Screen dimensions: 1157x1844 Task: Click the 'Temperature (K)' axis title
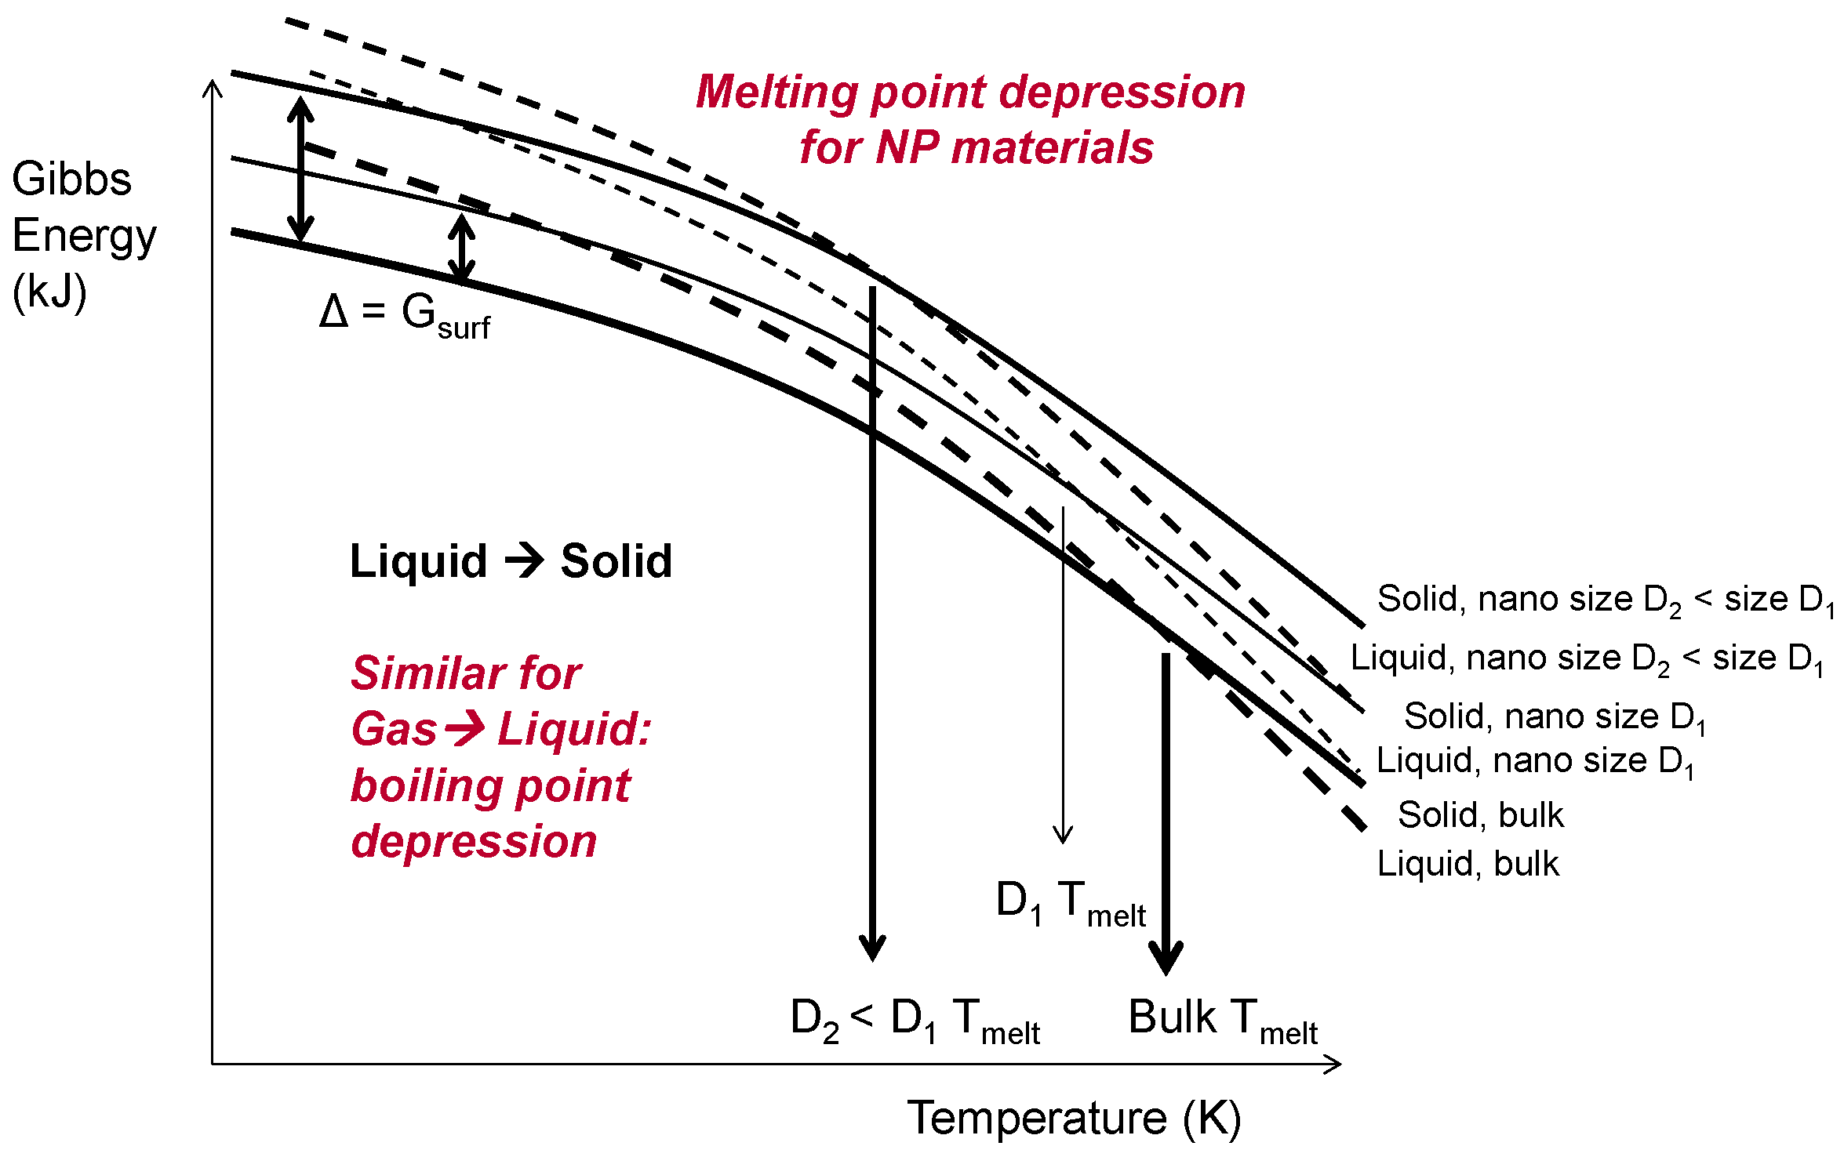pyautogui.click(x=1074, y=1118)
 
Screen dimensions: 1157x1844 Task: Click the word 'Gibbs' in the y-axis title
pyautogui.click(x=71, y=180)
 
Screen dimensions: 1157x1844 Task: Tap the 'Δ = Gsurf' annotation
pyautogui.click(x=404, y=316)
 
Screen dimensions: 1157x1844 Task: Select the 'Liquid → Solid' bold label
pyautogui.click(x=511, y=561)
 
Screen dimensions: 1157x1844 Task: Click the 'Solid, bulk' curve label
pyautogui.click(x=1480, y=815)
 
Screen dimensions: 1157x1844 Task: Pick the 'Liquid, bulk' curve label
pyautogui.click(x=1468, y=864)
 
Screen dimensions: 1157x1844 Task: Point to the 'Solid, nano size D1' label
pyautogui.click(x=1554, y=717)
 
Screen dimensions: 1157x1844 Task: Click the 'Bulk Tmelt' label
pyautogui.click(x=1222, y=1020)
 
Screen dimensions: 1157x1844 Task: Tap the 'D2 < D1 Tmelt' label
pyautogui.click(x=915, y=1020)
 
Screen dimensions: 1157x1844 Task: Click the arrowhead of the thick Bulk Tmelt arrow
pyautogui.click(x=1166, y=960)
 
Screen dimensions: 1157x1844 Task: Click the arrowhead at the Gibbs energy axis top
pyautogui.click(x=213, y=86)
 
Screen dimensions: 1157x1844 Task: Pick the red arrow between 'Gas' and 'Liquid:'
pyautogui.click(x=465, y=729)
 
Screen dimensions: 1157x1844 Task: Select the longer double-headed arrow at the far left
pyautogui.click(x=300, y=169)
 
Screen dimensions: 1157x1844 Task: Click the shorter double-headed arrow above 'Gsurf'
pyautogui.click(x=462, y=248)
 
